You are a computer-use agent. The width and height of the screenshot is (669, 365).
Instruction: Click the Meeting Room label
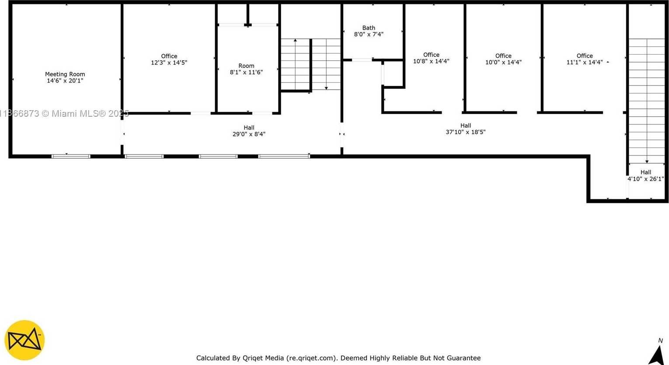[65, 74]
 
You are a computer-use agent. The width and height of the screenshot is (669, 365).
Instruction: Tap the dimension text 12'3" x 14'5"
[169, 63]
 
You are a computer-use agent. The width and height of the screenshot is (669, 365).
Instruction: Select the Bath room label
[369, 28]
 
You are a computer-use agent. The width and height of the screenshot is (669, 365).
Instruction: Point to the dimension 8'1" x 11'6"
[246, 72]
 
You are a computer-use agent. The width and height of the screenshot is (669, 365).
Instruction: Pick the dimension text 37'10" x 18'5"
[466, 132]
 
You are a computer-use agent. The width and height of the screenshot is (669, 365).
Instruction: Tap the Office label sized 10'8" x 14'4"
[431, 55]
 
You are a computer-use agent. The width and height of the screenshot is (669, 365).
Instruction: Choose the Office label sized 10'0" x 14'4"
[503, 56]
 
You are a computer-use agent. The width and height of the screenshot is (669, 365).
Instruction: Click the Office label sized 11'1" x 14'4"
[585, 56]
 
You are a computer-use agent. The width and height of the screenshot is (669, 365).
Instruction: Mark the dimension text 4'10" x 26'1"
[645, 179]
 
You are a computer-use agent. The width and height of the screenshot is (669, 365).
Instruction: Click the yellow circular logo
[24, 340]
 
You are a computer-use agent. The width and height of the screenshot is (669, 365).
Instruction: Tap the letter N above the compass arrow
[660, 341]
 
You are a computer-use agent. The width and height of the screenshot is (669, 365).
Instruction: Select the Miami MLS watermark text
[64, 114]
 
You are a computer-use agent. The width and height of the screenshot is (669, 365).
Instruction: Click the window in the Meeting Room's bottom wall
[71, 156]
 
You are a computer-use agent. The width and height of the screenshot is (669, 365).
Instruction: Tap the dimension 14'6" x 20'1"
[65, 80]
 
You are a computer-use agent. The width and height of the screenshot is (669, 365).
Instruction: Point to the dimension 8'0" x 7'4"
[369, 35]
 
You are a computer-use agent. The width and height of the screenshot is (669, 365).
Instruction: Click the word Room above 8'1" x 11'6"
[246, 66]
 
